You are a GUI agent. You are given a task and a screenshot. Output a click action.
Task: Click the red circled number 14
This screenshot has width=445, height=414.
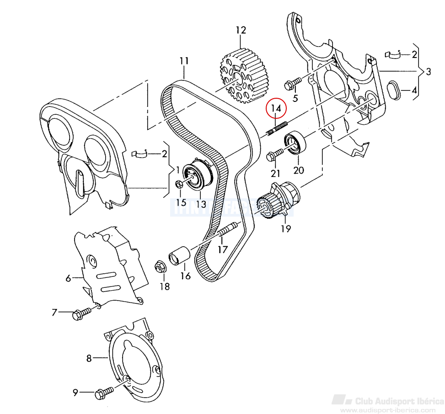[x=276, y=108]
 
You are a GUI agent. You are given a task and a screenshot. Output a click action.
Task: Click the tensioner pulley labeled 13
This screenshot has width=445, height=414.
[x=198, y=175]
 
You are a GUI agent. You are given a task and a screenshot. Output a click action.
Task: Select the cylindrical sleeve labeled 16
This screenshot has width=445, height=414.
[x=179, y=255]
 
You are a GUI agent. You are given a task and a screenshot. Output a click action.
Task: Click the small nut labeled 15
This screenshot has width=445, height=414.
[x=179, y=185]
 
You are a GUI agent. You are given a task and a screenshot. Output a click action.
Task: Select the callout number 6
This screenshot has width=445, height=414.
[x=68, y=278]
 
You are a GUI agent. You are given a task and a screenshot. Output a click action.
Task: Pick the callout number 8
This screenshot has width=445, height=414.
[x=89, y=358]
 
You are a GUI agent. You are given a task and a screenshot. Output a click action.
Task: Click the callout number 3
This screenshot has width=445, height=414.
[x=428, y=72]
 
